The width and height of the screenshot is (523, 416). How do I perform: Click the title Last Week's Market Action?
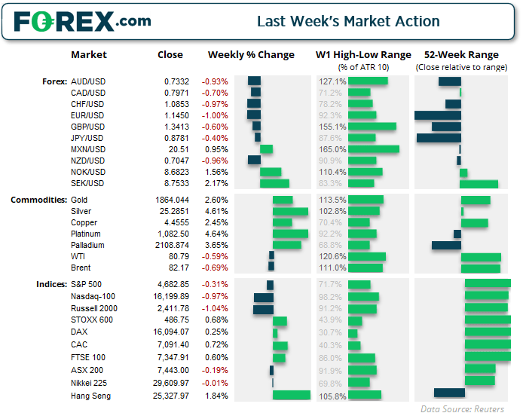348,21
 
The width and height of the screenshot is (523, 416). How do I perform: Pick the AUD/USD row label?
87,81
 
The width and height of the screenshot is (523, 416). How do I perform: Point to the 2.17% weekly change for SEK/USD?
213,183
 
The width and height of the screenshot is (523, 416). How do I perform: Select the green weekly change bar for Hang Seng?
291,396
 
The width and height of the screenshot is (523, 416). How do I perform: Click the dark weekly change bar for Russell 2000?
263,309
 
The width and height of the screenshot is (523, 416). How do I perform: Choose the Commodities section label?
38,200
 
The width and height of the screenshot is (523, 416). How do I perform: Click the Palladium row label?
86,245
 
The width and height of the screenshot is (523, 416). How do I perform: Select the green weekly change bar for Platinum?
290,234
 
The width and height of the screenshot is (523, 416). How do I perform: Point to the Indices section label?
50,284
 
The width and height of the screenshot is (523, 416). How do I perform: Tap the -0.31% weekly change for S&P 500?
214,284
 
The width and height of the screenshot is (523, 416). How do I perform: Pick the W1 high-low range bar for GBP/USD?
373,127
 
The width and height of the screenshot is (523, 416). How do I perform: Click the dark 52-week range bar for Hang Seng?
448,393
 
